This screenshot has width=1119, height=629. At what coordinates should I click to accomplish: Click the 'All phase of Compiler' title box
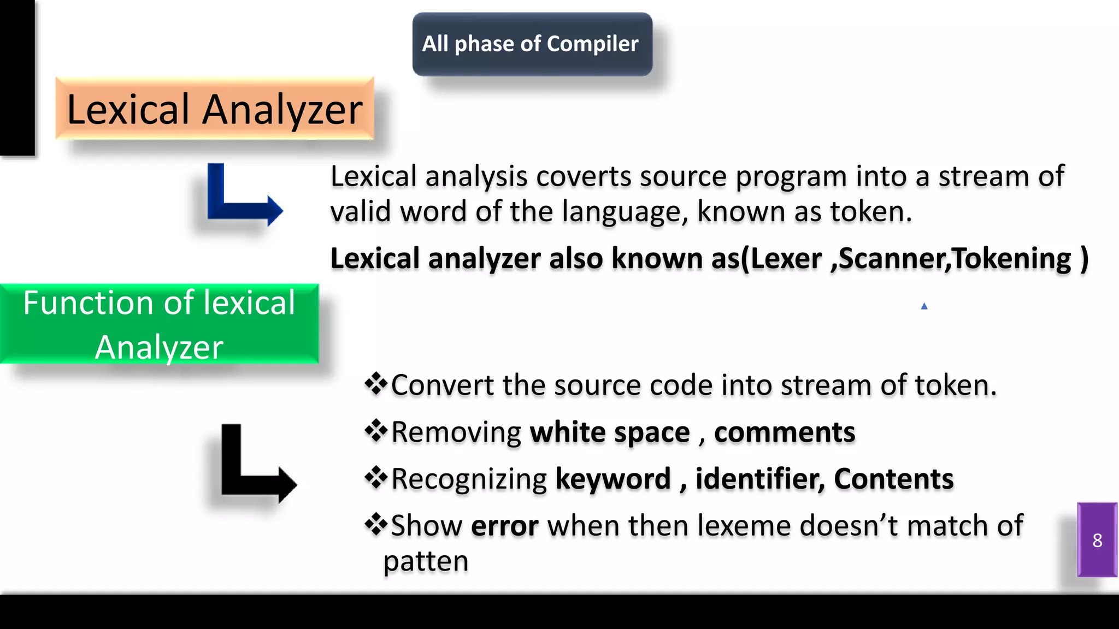tap(532, 44)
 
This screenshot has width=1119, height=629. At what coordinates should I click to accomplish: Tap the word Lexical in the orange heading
tap(128, 109)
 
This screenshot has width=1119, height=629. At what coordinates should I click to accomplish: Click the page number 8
tap(1097, 541)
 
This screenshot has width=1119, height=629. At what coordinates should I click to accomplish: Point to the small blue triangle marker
tap(924, 306)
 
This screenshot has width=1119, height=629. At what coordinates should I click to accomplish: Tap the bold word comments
tap(784, 432)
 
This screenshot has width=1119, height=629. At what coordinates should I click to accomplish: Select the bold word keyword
tap(612, 479)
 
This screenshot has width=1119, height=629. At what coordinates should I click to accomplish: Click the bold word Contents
tap(893, 479)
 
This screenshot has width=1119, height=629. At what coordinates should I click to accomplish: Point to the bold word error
tap(504, 526)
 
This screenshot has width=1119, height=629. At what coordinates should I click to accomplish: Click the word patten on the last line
tap(426, 561)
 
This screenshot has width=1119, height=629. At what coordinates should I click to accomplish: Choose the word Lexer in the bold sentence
tap(786, 259)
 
